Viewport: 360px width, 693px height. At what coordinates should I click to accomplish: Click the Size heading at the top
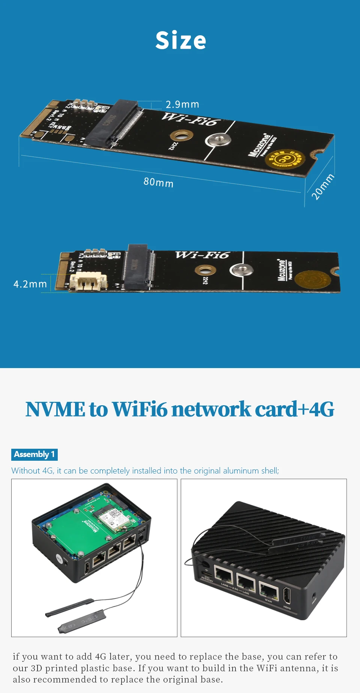(181, 41)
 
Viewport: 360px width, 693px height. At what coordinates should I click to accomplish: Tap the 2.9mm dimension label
(182, 104)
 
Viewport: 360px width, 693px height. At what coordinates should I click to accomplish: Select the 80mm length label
(158, 182)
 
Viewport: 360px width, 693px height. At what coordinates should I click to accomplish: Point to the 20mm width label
(322, 186)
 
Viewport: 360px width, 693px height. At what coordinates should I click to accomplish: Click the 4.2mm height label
(30, 284)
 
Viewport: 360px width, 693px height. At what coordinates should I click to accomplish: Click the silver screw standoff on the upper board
(218, 141)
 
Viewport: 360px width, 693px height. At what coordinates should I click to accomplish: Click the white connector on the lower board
(88, 281)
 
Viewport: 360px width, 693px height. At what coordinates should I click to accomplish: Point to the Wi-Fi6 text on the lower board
(202, 255)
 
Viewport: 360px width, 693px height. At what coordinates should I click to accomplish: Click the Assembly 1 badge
(34, 454)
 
